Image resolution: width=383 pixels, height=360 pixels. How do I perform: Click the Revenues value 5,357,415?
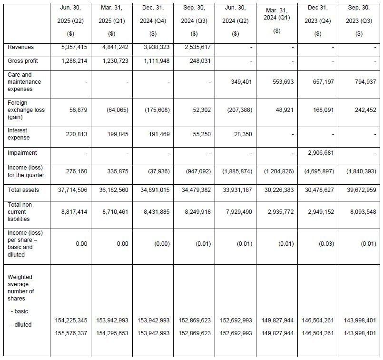coord(70,48)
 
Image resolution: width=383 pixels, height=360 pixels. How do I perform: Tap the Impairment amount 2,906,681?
coord(317,153)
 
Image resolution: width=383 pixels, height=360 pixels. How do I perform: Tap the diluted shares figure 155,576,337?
coord(70,333)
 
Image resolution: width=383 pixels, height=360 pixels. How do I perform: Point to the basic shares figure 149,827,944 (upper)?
coord(277,321)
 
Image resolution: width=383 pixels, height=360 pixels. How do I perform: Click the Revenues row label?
coord(20,48)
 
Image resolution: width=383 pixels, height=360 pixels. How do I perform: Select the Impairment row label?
coord(22,153)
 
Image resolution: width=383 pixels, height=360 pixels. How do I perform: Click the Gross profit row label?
coord(22,61)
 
